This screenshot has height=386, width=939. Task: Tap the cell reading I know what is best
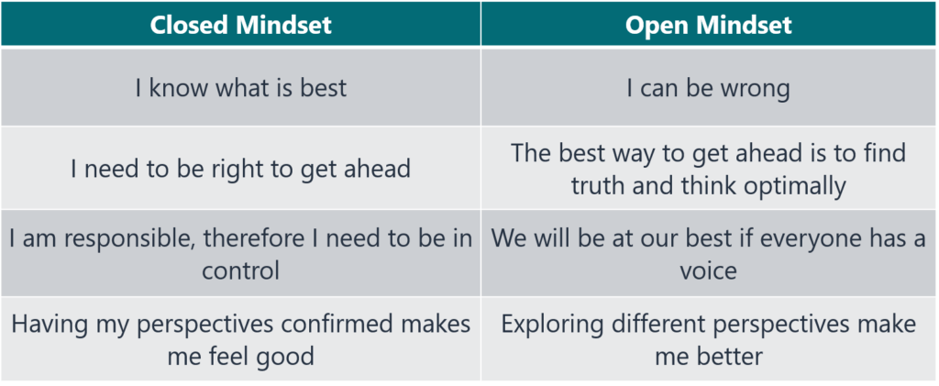click(x=240, y=89)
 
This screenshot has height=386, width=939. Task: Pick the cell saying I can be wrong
click(x=708, y=89)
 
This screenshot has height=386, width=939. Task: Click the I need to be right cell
click(x=240, y=169)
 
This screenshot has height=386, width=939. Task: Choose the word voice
click(x=708, y=271)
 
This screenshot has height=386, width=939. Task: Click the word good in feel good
click(x=281, y=357)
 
